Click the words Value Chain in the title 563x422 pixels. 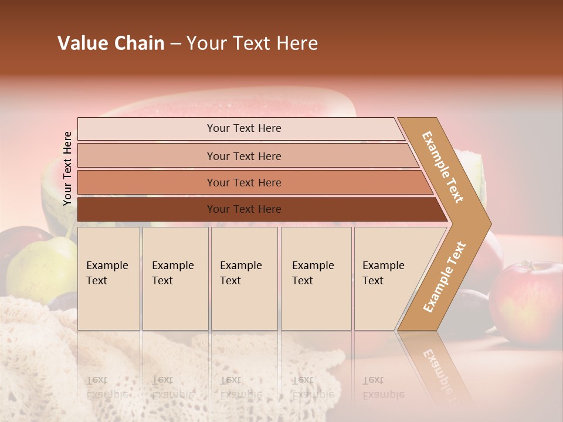111,43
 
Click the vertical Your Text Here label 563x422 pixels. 67,168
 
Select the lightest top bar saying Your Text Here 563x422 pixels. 243,128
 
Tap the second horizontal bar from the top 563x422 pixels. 243,156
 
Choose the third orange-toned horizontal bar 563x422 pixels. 243,182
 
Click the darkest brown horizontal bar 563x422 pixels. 243,209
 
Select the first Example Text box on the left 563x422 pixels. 108,278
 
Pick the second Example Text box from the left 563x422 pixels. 175,278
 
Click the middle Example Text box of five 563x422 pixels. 244,278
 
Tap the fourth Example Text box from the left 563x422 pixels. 316,278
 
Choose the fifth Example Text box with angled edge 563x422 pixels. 387,278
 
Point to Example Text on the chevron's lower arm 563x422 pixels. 445,277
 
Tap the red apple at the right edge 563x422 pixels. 527,299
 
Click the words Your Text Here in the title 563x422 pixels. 252,43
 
